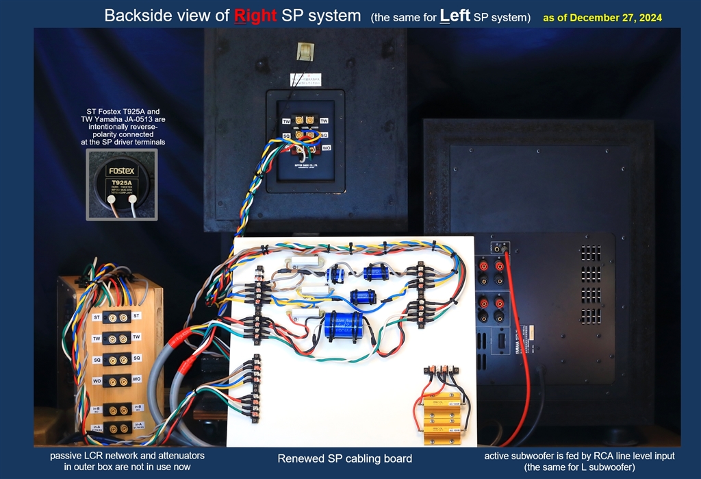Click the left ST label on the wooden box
[97, 316]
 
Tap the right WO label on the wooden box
[136, 379]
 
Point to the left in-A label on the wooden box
[97, 427]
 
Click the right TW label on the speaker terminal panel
[324, 121]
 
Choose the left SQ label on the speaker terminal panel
[288, 135]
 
